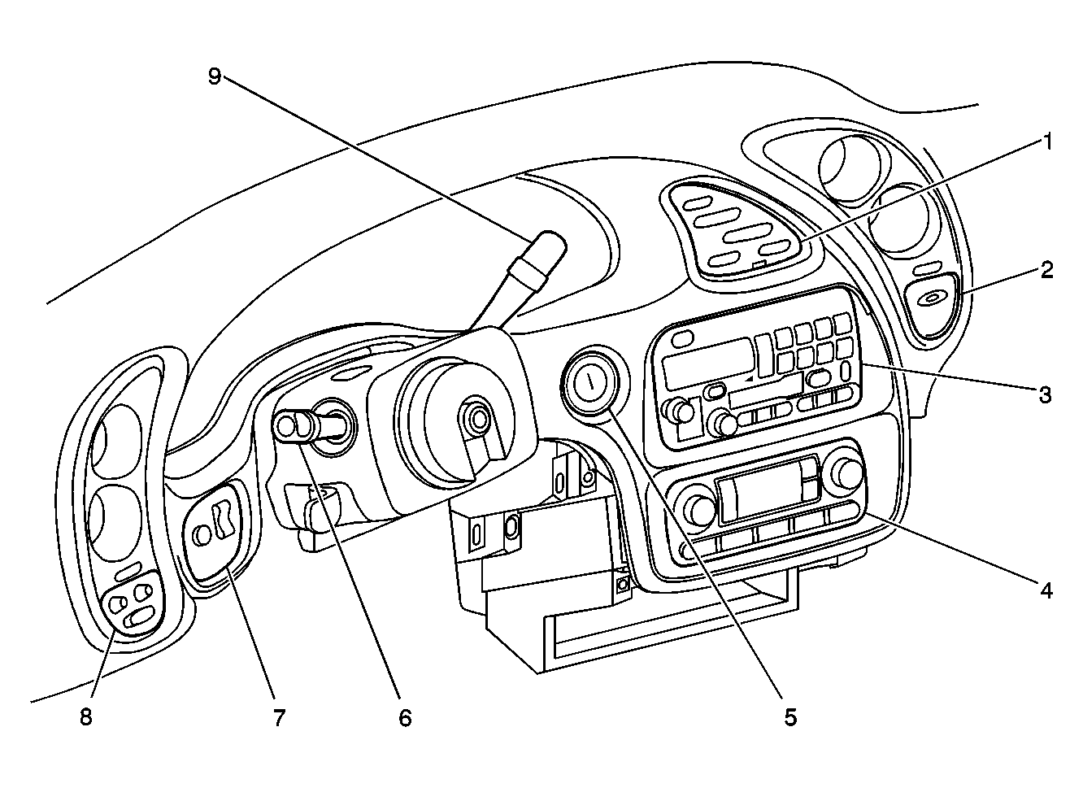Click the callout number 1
click(1046, 142)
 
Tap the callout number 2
click(1046, 270)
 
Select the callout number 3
click(1046, 395)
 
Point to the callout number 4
click(1046, 590)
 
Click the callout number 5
click(790, 717)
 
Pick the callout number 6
click(405, 718)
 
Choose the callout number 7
click(280, 718)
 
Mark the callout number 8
click(86, 717)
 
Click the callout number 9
click(215, 76)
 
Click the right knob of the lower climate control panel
click(849, 475)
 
